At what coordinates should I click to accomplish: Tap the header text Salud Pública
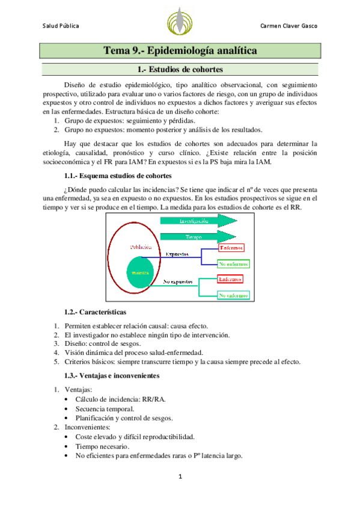[61, 26]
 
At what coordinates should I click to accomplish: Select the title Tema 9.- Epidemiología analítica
[180, 51]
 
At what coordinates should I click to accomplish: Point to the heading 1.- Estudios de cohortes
[180, 70]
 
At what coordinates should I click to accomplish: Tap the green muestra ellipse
[140, 272]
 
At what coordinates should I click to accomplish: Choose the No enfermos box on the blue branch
[234, 263]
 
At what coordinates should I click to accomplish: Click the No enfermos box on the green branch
[234, 295]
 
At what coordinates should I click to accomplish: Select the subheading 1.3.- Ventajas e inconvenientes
[112, 375]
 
